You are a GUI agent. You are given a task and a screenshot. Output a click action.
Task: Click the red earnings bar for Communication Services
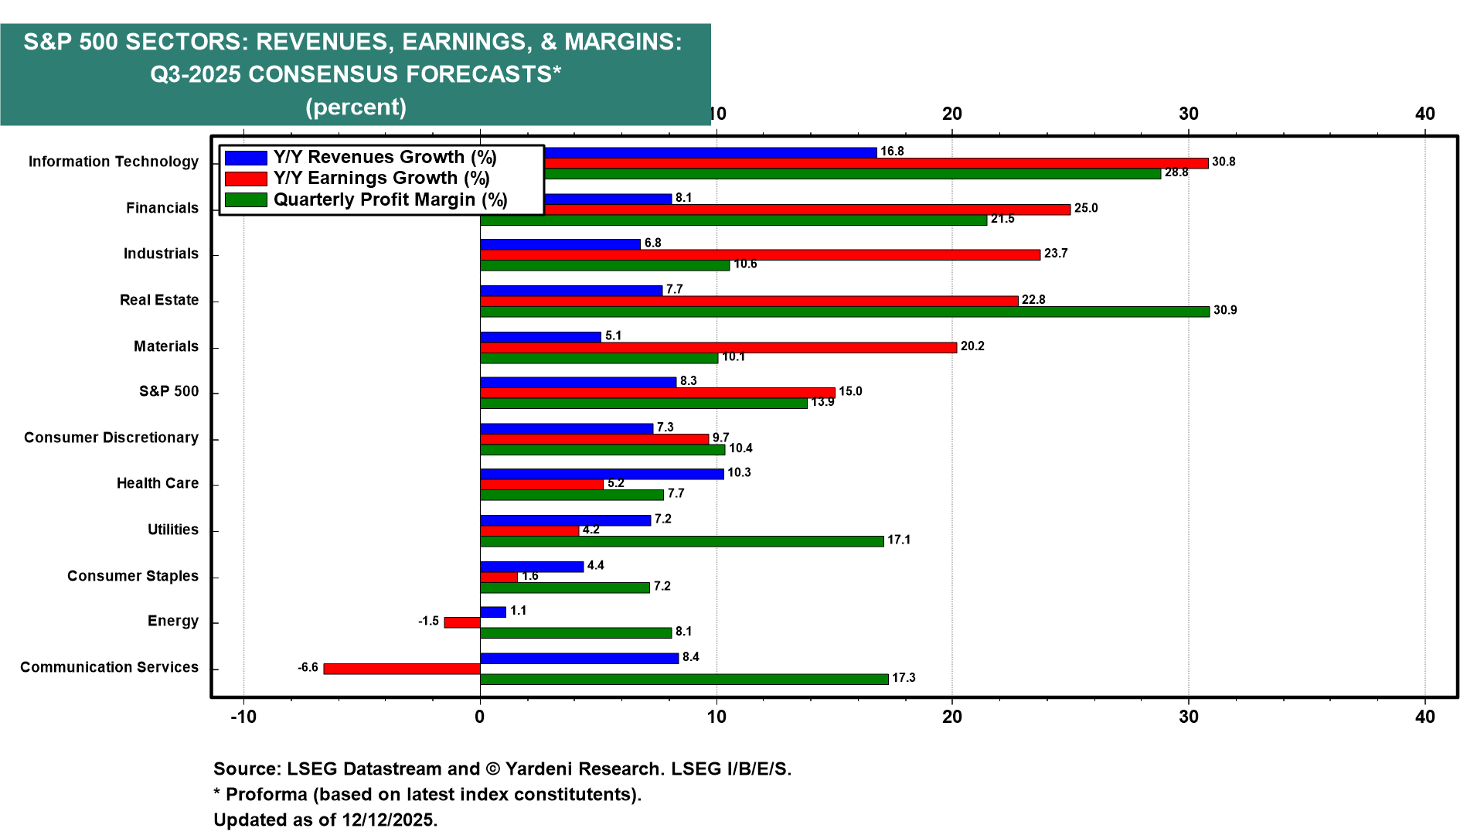(402, 669)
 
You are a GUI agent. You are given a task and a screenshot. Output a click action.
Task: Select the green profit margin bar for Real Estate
(844, 312)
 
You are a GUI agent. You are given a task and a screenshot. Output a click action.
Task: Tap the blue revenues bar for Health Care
(601, 474)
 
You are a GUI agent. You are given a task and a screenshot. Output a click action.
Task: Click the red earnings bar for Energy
(462, 622)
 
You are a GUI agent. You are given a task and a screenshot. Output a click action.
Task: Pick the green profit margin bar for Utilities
(681, 541)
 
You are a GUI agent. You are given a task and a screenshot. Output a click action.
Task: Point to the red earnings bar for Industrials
(760, 255)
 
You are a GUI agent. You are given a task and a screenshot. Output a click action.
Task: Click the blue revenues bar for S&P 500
(577, 382)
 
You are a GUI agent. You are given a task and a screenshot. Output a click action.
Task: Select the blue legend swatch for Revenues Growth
(246, 158)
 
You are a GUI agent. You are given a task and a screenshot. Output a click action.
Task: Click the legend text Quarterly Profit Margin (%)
(390, 200)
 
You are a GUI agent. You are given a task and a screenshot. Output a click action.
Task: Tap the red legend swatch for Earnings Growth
(246, 179)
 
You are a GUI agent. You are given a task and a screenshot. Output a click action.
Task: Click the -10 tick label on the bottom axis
(243, 717)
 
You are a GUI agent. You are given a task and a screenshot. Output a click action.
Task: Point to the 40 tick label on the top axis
(1424, 114)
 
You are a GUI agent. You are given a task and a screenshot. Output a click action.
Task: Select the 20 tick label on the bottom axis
(952, 717)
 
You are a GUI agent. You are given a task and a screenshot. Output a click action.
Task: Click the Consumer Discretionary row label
(111, 438)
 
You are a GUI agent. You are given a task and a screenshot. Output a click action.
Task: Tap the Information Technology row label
(114, 162)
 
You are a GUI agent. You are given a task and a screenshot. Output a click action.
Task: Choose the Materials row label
(166, 346)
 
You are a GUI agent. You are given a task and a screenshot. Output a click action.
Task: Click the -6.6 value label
(308, 668)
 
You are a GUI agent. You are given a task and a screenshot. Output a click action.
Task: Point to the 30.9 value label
(1225, 311)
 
